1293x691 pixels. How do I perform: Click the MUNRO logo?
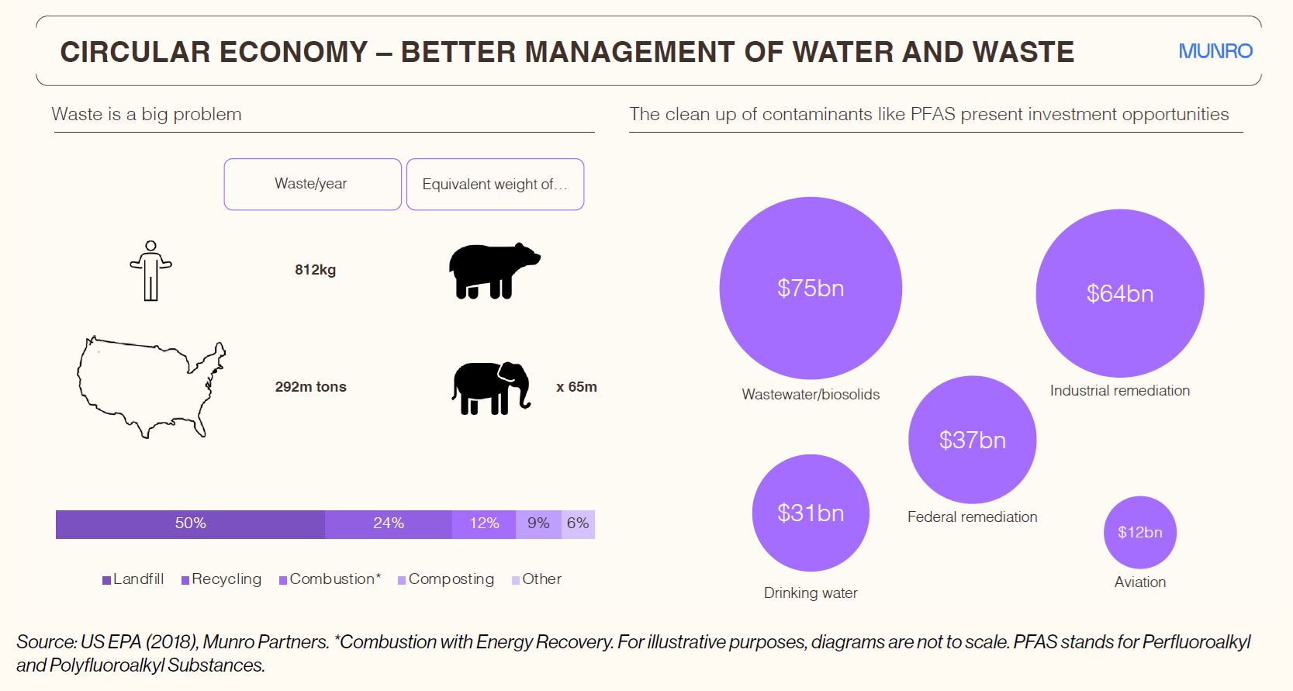pos(1215,51)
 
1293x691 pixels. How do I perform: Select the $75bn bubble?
pos(811,288)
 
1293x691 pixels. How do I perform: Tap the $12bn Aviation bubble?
pos(1140,532)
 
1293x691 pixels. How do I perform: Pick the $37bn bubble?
pos(972,440)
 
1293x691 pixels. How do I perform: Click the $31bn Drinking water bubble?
pos(811,513)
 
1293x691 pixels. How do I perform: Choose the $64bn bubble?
pos(1120,293)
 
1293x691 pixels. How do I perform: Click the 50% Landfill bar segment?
pos(191,524)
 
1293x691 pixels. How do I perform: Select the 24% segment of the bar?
pos(389,524)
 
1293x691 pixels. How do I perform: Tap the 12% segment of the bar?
pos(484,524)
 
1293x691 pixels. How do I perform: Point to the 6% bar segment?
pos(578,524)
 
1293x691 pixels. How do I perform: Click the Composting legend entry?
pos(446,579)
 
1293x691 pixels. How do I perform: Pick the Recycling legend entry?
pos(222,579)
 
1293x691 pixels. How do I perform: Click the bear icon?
pos(495,270)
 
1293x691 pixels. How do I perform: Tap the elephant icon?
pos(491,388)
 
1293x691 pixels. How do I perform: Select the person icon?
pos(150,271)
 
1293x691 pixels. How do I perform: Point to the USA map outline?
pos(151,387)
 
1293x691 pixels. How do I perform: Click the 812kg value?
pos(315,270)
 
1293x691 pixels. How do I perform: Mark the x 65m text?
pos(576,387)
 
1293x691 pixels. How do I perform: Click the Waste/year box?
pos(313,184)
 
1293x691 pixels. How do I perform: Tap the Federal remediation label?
pos(972,517)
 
